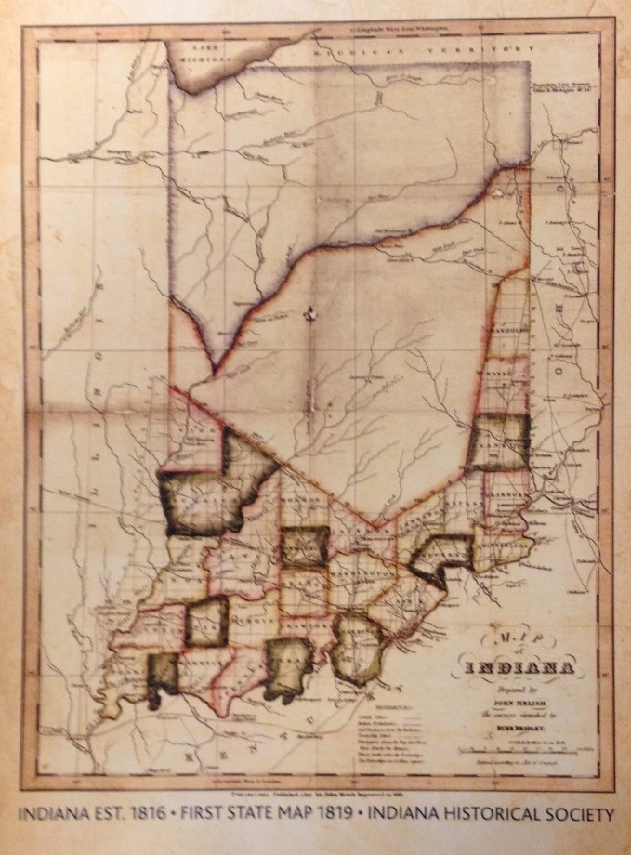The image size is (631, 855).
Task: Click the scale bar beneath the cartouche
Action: click(525, 749)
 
